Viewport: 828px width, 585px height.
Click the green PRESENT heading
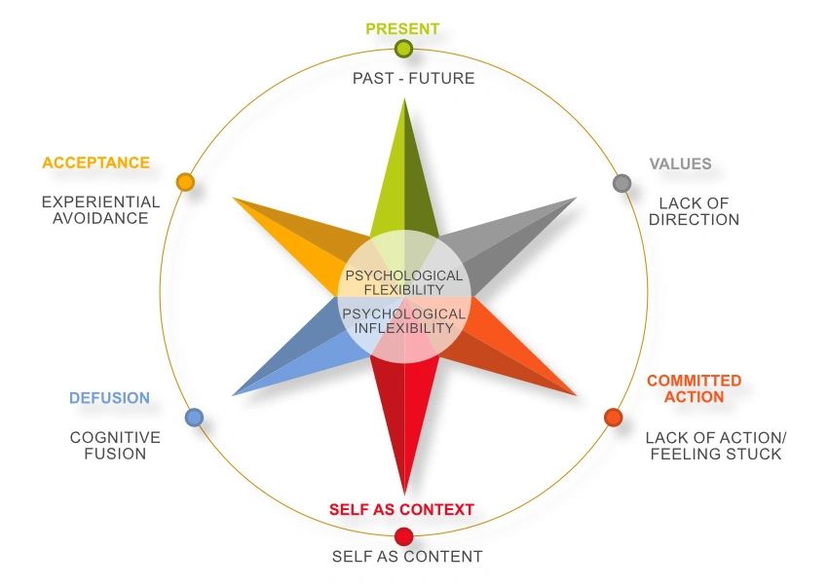click(402, 28)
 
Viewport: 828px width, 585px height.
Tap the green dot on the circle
click(403, 49)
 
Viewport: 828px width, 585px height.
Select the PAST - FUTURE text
click(413, 78)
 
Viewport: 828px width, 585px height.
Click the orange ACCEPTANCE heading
click(96, 163)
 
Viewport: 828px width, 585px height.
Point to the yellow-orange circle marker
click(185, 182)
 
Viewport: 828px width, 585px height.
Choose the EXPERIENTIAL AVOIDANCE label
click(100, 210)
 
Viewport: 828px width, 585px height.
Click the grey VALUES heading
click(680, 164)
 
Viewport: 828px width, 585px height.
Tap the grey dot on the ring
click(622, 183)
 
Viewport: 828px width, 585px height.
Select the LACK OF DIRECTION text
click(694, 211)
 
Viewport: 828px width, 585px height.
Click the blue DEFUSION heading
click(109, 398)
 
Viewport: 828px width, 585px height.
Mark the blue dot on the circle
click(194, 418)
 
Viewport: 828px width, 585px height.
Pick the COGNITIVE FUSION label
click(115, 445)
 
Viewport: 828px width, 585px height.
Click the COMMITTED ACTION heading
click(695, 388)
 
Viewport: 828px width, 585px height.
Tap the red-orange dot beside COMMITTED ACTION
click(613, 418)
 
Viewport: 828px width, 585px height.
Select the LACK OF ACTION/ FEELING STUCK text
click(716, 446)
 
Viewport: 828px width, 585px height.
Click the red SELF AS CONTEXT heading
click(402, 510)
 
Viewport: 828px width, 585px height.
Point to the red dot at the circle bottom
click(403, 537)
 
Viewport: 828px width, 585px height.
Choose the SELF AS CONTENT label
click(407, 557)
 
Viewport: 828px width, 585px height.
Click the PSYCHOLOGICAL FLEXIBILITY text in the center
click(404, 282)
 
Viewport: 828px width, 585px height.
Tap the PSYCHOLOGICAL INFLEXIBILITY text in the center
click(404, 320)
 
